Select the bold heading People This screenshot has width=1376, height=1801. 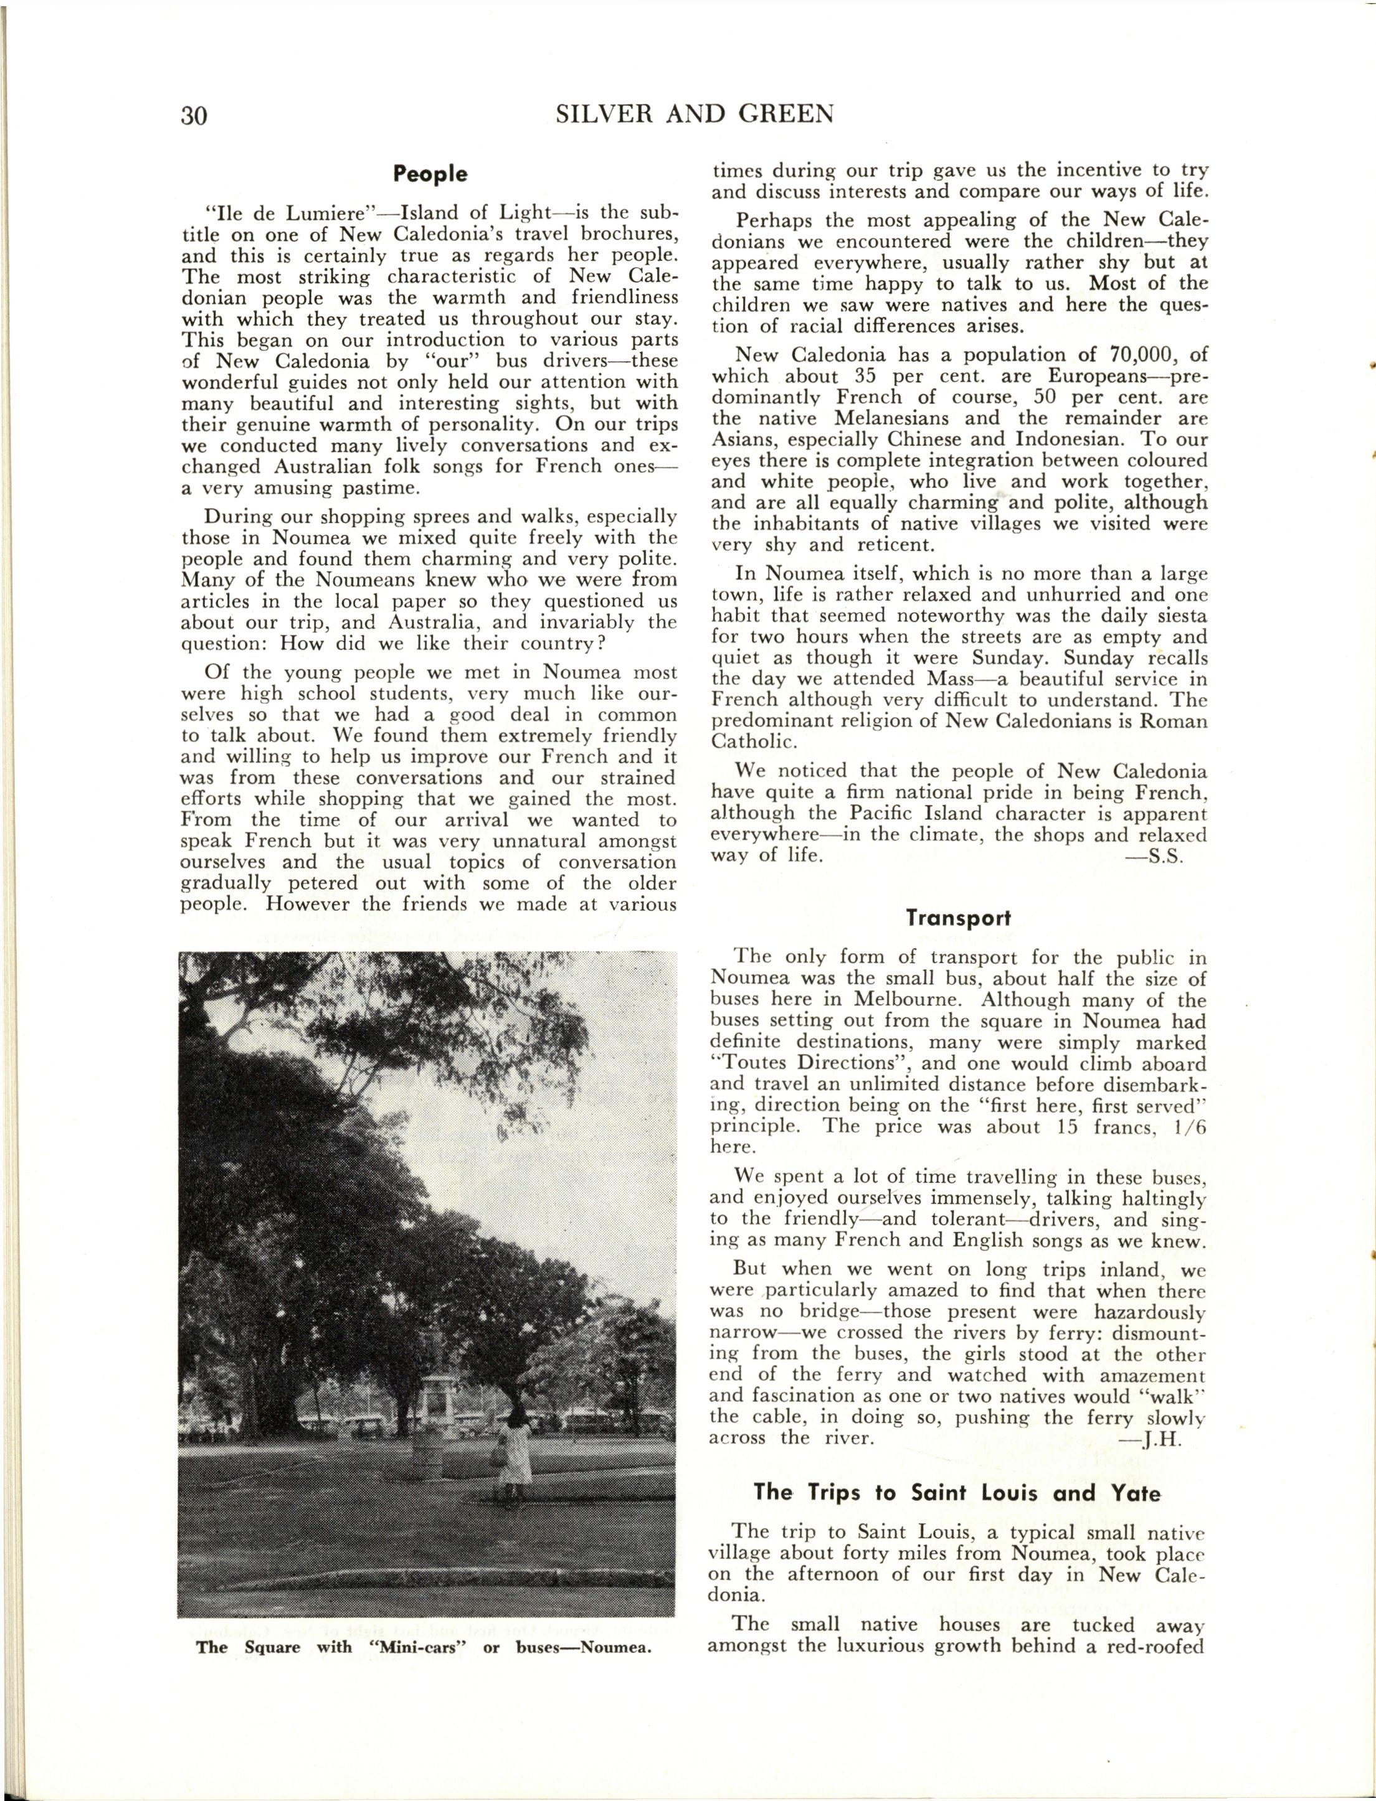pyautogui.click(x=430, y=174)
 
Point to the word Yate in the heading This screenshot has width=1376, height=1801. pyautogui.click(x=1135, y=1493)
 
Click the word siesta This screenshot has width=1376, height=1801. pyautogui.click(x=1175, y=616)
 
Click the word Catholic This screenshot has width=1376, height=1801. pyautogui.click(x=751, y=741)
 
